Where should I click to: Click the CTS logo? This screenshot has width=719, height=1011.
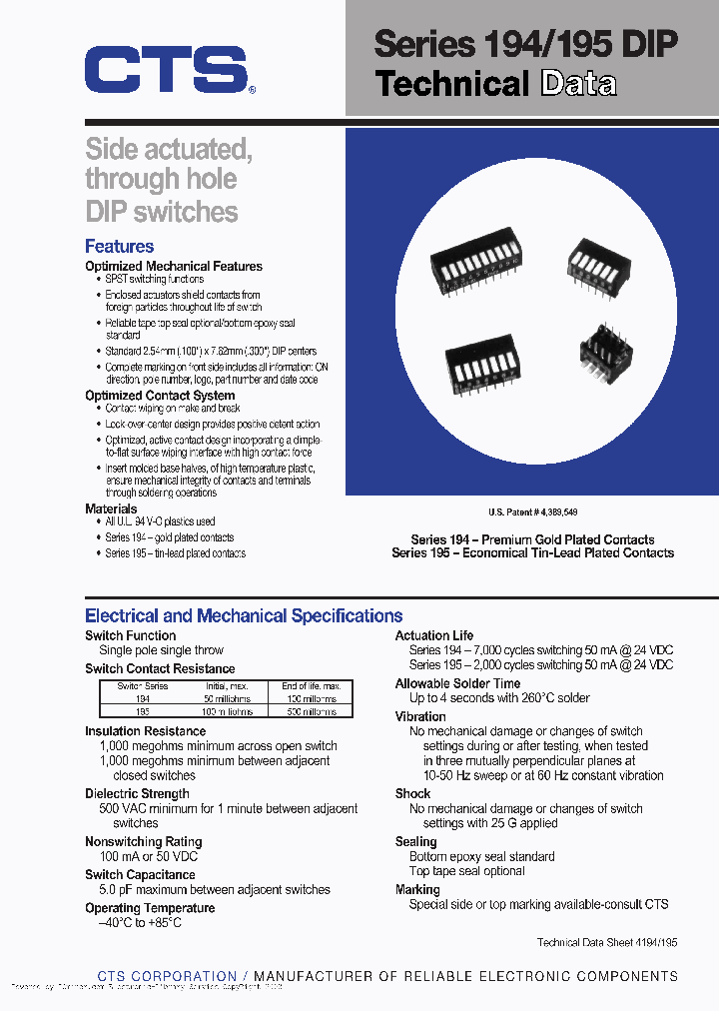click(166, 70)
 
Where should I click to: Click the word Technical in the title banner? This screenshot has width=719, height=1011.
click(451, 84)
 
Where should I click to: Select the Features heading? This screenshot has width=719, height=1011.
click(119, 246)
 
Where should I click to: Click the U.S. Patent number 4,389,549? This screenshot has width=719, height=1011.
click(532, 511)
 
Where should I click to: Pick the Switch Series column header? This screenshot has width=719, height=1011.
click(143, 686)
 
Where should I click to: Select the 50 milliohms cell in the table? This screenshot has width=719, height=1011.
click(227, 699)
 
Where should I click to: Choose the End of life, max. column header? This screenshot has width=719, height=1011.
click(312, 686)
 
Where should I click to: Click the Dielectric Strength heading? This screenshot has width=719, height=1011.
click(137, 794)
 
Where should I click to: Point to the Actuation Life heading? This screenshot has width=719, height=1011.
click(434, 635)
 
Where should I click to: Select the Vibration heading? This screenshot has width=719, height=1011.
click(420, 716)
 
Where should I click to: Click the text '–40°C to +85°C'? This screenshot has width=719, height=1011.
click(140, 922)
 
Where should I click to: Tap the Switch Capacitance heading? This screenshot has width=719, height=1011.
click(140, 875)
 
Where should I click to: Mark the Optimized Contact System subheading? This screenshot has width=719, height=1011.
click(160, 396)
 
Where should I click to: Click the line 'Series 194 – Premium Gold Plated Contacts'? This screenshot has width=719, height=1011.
click(533, 539)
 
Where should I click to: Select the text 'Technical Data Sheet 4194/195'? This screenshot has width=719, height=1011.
click(607, 942)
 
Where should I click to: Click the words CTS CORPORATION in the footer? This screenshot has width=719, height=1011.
click(167, 976)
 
